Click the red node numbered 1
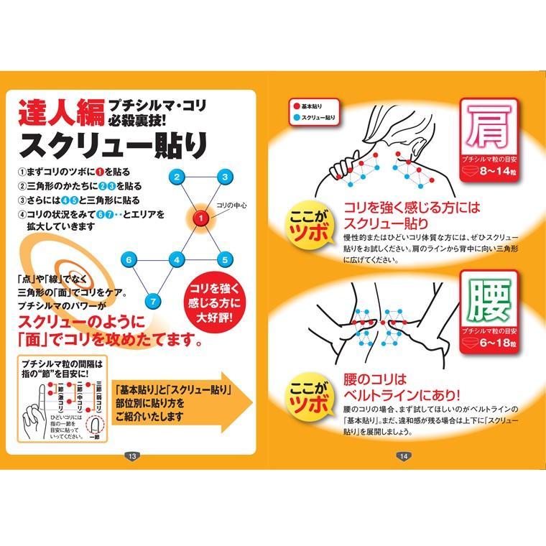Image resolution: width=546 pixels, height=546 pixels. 202,217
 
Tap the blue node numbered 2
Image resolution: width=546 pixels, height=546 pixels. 177,176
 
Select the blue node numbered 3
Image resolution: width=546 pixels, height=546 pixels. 225,176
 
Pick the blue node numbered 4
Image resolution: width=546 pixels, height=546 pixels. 177,259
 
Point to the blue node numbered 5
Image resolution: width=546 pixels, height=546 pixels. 224,259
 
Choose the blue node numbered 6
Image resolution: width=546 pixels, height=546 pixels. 129,259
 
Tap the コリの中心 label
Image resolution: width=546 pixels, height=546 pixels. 231,205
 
